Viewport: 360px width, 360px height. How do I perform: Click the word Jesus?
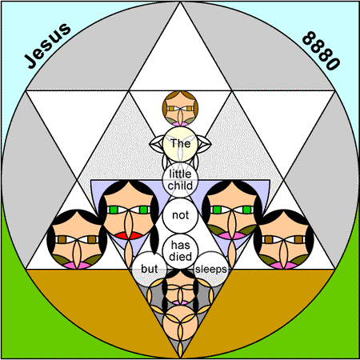47,46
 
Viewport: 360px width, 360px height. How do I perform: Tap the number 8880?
321,50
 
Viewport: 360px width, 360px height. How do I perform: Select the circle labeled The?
180,144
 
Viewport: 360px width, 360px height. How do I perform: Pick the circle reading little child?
180,180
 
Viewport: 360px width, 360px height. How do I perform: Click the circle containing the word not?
180,215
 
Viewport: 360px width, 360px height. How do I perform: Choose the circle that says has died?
180,251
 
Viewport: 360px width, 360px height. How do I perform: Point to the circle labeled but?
150,269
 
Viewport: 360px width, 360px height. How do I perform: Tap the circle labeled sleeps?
211,269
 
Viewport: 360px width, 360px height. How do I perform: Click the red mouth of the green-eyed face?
129,236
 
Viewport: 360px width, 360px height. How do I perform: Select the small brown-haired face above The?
180,109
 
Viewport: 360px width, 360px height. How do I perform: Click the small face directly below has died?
180,287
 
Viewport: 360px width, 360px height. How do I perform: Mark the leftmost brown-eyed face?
77,239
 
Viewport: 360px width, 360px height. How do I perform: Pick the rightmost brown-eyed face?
284,239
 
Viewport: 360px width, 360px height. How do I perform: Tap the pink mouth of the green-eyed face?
232,236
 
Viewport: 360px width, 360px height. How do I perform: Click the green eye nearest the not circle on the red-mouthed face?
144,210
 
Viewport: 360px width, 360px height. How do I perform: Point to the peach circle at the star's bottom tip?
180,322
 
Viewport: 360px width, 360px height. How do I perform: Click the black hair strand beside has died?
154,238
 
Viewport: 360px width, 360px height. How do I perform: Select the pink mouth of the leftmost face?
77,266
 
